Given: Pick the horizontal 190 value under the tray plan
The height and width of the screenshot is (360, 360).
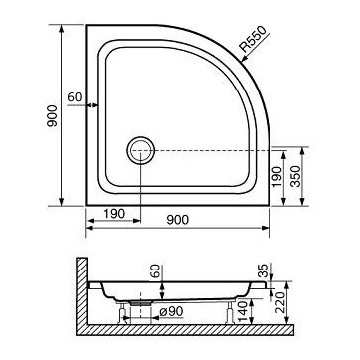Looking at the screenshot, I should [x=110, y=213].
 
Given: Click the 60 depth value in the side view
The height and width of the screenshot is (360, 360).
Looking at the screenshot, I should [x=153, y=272].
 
